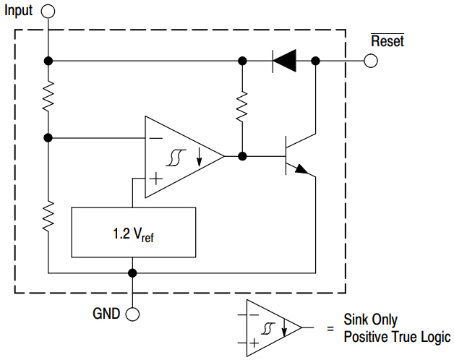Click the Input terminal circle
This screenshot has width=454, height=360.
48,11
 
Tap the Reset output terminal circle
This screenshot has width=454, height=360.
371,61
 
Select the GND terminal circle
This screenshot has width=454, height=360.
132,314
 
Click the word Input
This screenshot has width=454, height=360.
20,11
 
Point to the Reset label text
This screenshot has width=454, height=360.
387,41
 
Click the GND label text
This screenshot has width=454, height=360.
106,314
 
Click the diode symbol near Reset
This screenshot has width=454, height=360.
284,61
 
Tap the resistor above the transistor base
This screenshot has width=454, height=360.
242,108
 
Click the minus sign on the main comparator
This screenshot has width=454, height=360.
155,137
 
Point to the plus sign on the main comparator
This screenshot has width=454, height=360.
155,176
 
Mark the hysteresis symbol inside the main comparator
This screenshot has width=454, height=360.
174,157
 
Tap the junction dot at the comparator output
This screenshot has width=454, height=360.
242,155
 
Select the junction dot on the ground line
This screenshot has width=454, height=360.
132,273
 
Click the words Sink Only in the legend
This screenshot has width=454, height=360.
370,320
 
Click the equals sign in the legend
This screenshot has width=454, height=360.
330,328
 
